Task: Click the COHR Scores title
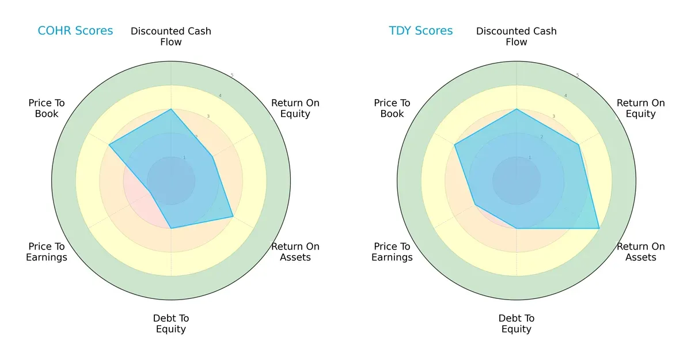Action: [75, 31]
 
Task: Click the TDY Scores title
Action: [420, 31]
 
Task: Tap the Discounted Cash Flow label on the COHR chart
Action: [171, 36]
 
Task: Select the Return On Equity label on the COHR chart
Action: [295, 108]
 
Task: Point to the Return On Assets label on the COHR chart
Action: [295, 252]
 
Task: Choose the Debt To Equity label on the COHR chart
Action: [171, 324]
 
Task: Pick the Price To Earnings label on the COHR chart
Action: [47, 252]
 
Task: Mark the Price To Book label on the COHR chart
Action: [47, 108]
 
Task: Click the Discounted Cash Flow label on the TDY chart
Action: [517, 36]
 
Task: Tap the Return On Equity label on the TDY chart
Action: [640, 108]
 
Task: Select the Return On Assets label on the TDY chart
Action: [640, 252]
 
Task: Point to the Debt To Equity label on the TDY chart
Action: [517, 324]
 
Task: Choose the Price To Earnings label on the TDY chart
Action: [392, 252]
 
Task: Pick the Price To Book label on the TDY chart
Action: [392, 108]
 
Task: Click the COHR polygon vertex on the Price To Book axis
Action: [109, 145]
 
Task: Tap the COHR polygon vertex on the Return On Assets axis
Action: [233, 217]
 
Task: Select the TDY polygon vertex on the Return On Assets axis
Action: [599, 228]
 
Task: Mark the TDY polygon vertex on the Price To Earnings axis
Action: [475, 204]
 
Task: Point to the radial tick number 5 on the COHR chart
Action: [232, 75]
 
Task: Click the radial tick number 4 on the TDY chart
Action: [565, 96]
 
